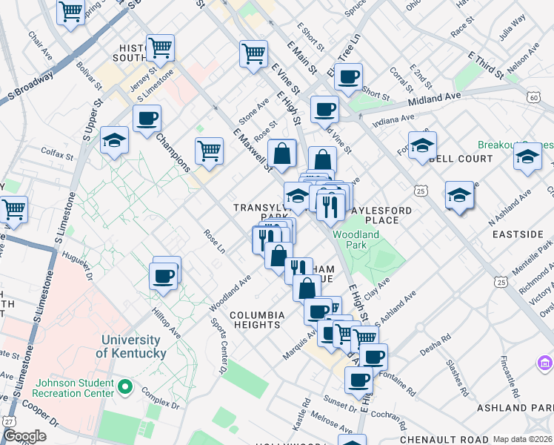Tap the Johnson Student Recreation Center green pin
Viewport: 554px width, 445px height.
pyautogui.click(x=125, y=386)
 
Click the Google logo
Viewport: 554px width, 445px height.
pyautogui.click(x=24, y=436)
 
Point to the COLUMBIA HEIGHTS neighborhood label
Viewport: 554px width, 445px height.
pyautogui.click(x=256, y=320)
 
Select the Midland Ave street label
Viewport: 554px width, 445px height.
pyautogui.click(x=438, y=97)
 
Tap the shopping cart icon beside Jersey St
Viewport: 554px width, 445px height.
pyautogui.click(x=160, y=49)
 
